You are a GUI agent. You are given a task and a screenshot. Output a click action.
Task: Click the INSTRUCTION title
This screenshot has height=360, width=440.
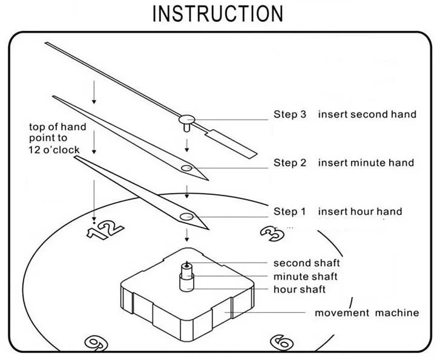tap(218, 13)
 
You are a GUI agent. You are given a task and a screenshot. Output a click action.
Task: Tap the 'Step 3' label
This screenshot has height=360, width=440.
tap(290, 114)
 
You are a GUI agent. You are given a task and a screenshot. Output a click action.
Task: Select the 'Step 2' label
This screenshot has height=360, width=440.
tap(290, 163)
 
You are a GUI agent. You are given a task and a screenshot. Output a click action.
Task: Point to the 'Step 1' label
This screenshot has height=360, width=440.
tap(289, 211)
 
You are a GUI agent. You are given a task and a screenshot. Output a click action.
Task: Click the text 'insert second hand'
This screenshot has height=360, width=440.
tap(367, 114)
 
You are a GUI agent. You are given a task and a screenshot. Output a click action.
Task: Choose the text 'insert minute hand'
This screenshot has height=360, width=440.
tap(366, 163)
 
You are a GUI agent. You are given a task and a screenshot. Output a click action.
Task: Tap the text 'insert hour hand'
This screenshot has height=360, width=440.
tap(360, 211)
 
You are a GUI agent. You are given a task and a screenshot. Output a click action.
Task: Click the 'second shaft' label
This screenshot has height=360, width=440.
tap(307, 263)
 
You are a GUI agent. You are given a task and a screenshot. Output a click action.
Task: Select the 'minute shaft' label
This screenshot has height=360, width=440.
tap(305, 277)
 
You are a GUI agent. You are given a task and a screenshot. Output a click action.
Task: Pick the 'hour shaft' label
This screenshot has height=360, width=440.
tap(300, 289)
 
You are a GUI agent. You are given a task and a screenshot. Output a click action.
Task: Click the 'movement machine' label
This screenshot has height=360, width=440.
tap(367, 313)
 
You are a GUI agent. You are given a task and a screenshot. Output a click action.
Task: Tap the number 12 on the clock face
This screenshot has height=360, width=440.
tap(105, 229)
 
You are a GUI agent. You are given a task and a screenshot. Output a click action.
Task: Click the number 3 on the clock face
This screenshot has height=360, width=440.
tap(272, 233)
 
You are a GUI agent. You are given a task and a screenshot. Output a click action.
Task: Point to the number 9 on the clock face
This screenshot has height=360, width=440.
tap(96, 342)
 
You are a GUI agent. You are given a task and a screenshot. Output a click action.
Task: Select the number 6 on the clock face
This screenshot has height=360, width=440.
tap(282, 342)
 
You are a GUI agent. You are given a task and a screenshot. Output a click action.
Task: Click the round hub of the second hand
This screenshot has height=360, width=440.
tap(186, 120)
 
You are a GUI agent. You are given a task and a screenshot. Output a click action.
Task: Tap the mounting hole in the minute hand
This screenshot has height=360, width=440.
tap(186, 168)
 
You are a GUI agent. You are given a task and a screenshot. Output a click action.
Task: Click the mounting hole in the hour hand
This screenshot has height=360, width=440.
tap(186, 217)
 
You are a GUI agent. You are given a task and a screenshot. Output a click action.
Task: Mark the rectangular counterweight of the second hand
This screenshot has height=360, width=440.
tap(232, 144)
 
